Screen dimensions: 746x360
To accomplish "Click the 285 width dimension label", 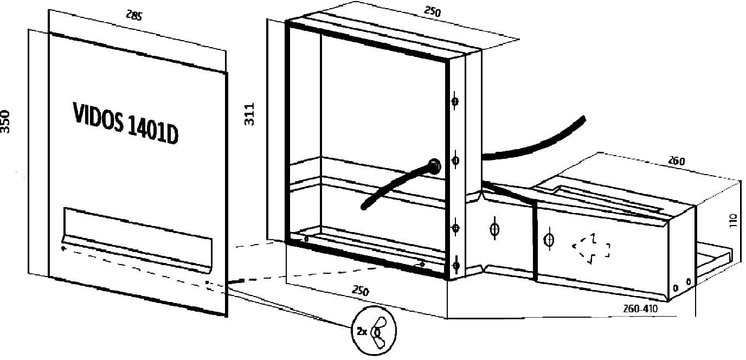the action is pyautogui.click(x=134, y=15).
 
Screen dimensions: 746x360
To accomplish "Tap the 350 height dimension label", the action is pyautogui.click(x=5, y=122).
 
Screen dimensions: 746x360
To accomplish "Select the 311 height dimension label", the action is pyautogui.click(x=249, y=114).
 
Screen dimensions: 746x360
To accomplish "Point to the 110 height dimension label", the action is pyautogui.click(x=734, y=221).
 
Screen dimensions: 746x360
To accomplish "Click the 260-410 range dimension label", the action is pyautogui.click(x=640, y=308).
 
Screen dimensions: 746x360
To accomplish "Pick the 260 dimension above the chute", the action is pyautogui.click(x=677, y=161).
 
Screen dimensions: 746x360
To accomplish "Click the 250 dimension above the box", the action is pyautogui.click(x=432, y=11).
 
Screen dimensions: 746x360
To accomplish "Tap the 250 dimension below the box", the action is pyautogui.click(x=361, y=291).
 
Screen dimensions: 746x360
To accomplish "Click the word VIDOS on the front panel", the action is pyautogui.click(x=98, y=118).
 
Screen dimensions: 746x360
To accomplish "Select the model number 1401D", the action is pyautogui.click(x=153, y=131).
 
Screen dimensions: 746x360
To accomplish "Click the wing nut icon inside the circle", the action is pyautogui.click(x=380, y=332).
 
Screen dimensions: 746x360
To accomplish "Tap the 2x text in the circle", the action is pyautogui.click(x=362, y=331).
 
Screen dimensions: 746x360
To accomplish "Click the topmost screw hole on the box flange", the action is pyautogui.click(x=455, y=101).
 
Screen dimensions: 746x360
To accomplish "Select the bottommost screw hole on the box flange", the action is pyautogui.click(x=456, y=266).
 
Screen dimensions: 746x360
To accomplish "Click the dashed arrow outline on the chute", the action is pyautogui.click(x=591, y=249).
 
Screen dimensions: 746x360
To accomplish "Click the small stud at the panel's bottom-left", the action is pyautogui.click(x=63, y=248).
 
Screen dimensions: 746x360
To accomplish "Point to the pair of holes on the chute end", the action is pyautogui.click(x=681, y=285).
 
